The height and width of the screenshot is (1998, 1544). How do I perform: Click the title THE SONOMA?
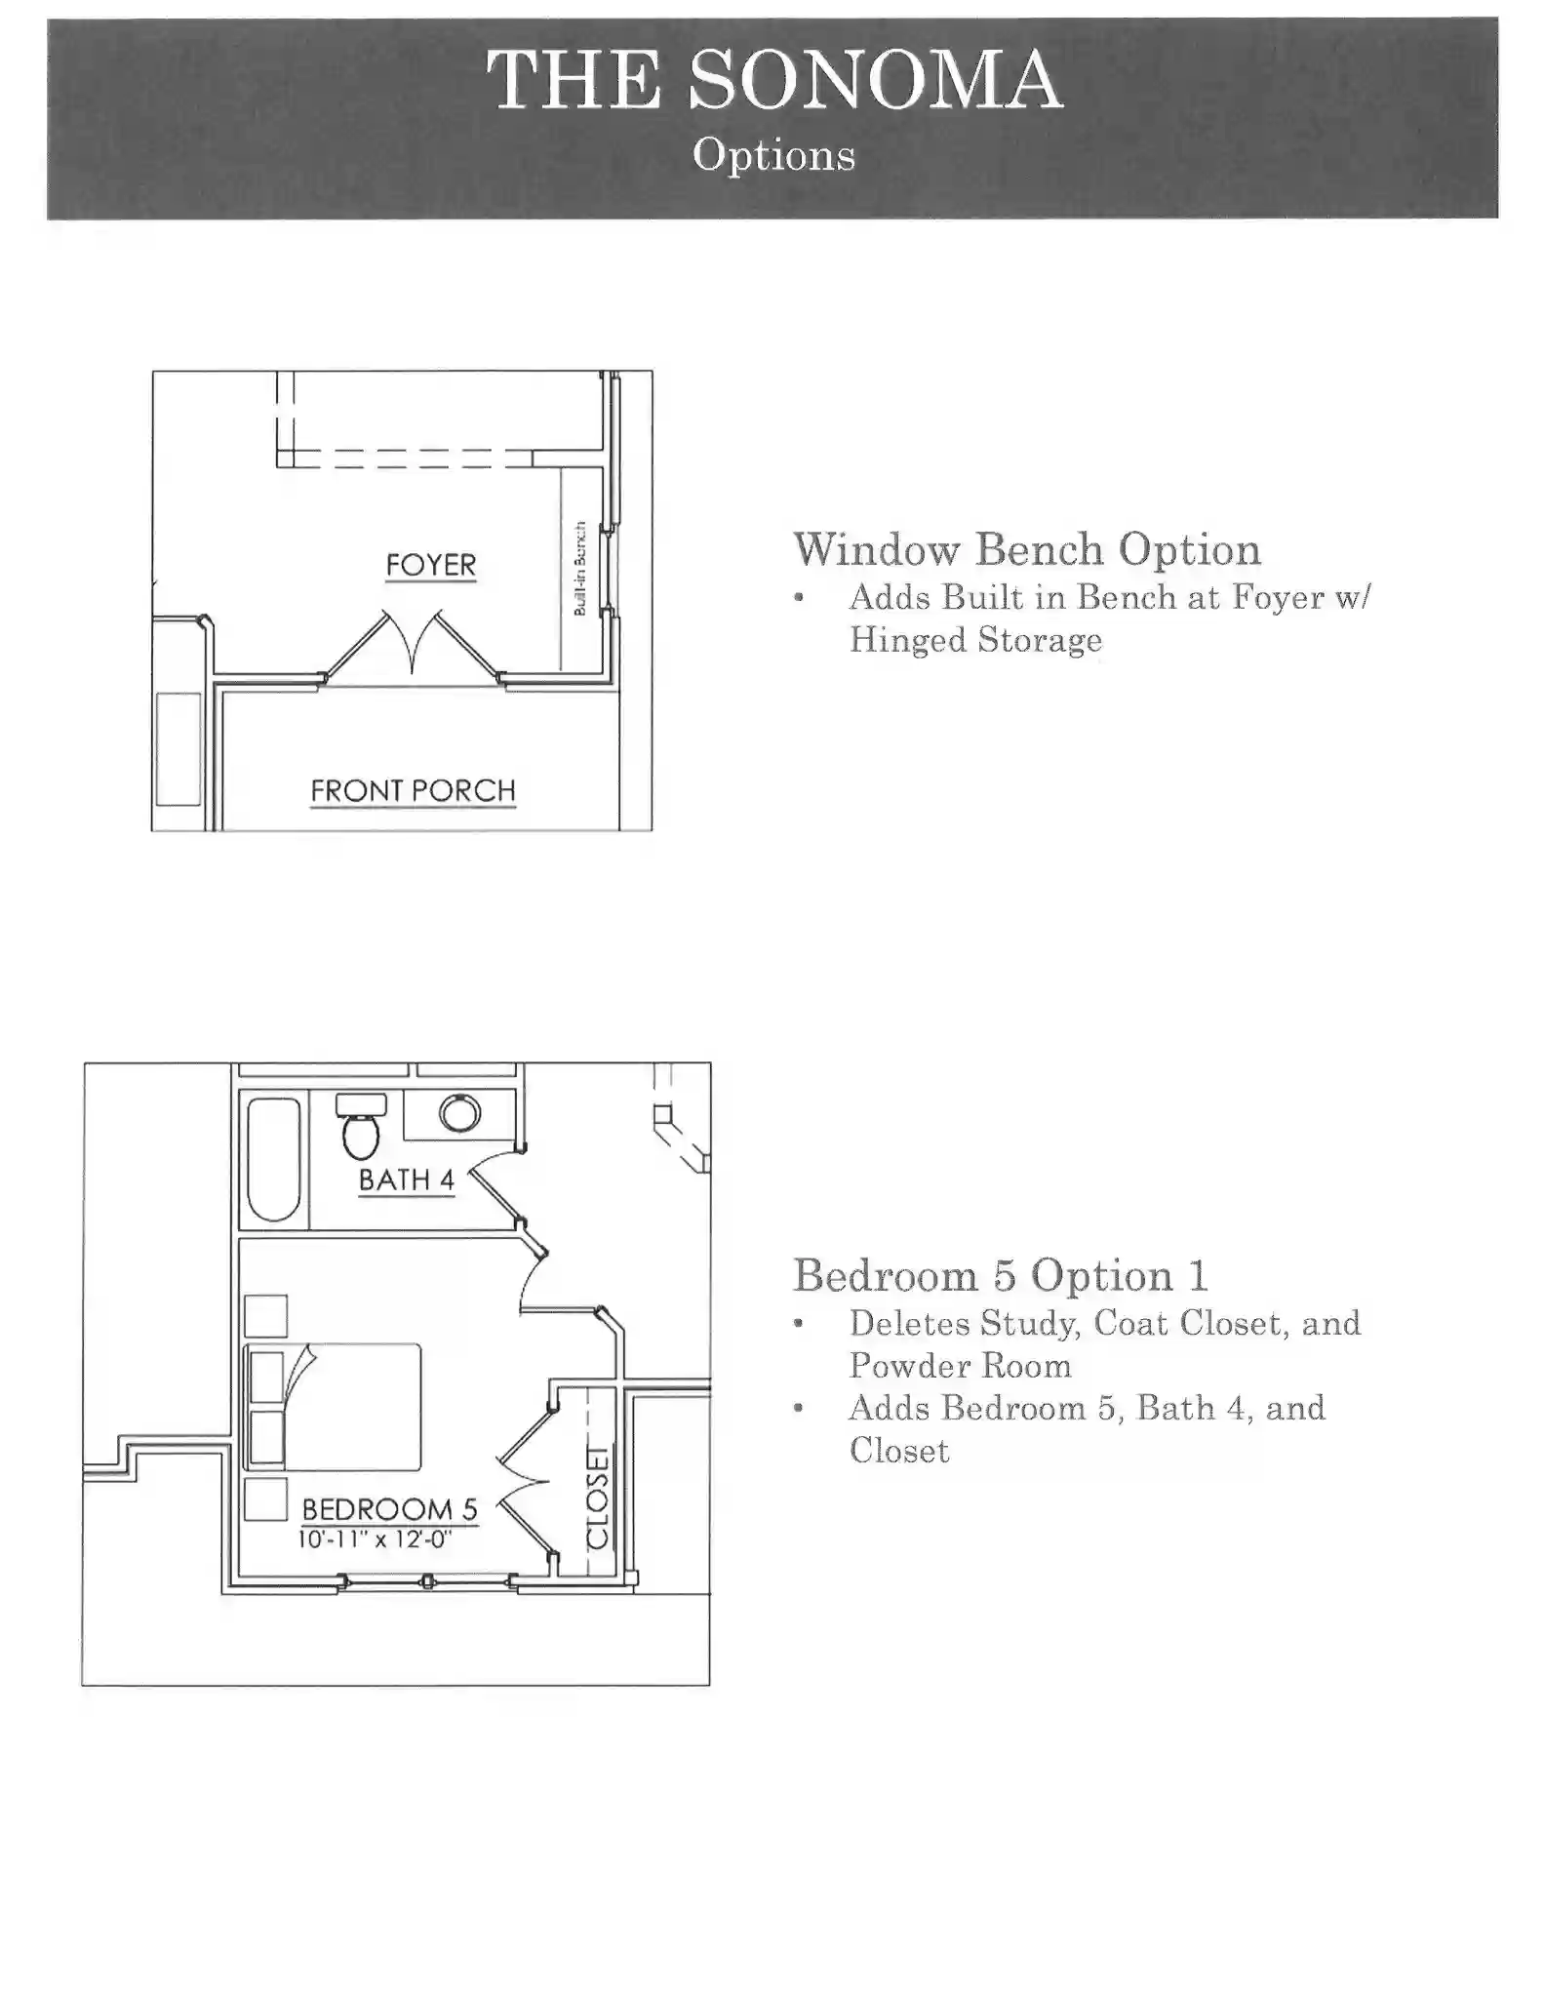pyautogui.click(x=774, y=80)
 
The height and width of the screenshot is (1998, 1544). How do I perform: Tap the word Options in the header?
pyautogui.click(x=773, y=155)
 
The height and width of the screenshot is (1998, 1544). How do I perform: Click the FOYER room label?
pyautogui.click(x=431, y=565)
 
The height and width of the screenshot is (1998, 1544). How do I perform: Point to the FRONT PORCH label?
pyautogui.click(x=413, y=790)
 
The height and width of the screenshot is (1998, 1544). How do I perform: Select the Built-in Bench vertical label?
pyautogui.click(x=579, y=569)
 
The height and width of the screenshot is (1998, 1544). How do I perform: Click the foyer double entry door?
pyautogui.click(x=413, y=644)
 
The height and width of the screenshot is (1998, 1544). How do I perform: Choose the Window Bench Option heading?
pyautogui.click(x=1027, y=549)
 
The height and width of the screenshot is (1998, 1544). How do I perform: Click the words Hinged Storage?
pyautogui.click(x=975, y=640)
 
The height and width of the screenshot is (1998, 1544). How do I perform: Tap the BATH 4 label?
pyautogui.click(x=407, y=1179)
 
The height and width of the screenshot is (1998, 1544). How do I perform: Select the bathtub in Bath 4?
pyautogui.click(x=274, y=1159)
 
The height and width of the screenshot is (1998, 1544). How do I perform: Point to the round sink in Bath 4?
pyautogui.click(x=459, y=1113)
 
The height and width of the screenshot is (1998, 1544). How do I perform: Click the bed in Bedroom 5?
pyautogui.click(x=335, y=1407)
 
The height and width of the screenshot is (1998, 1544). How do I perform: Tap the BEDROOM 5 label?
pyautogui.click(x=389, y=1509)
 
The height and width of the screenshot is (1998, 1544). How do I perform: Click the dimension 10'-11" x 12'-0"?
pyautogui.click(x=376, y=1539)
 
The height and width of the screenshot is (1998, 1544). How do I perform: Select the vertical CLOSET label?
pyautogui.click(x=598, y=1497)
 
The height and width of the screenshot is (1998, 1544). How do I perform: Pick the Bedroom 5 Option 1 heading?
pyautogui.click(x=1001, y=1275)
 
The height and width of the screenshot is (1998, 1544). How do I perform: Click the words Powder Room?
pyautogui.click(x=960, y=1366)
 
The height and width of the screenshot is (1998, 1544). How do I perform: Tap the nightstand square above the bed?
pyautogui.click(x=266, y=1316)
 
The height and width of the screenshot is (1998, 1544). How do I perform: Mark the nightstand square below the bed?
pyautogui.click(x=265, y=1499)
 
